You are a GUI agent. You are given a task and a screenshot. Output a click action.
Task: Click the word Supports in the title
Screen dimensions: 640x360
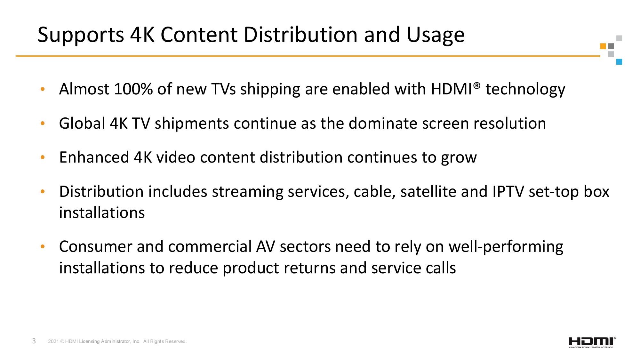pos(81,35)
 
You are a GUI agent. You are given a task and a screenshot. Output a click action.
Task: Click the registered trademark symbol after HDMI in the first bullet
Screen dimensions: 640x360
pos(477,85)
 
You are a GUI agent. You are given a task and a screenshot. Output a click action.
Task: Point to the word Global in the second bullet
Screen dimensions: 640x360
pos(82,123)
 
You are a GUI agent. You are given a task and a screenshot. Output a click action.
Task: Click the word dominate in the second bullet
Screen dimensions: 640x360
pos(383,123)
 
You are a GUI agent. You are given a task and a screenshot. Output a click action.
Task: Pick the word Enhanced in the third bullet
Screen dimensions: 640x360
pos(94,157)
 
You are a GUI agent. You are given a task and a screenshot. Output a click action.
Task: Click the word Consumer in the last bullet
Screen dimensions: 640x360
pos(96,246)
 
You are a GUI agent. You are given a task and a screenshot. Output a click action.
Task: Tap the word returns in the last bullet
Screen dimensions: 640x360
pos(309,268)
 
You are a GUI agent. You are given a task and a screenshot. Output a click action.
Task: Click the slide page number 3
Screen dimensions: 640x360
pos(34,341)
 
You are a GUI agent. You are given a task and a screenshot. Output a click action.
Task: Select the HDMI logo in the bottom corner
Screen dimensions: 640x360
pos(592,342)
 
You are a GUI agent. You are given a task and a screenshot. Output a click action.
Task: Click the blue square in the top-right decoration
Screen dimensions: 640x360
pos(619,62)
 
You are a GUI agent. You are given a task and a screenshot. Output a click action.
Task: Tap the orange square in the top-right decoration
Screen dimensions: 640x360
pos(603,46)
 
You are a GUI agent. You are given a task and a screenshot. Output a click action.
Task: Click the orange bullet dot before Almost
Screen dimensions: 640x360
pos(43,89)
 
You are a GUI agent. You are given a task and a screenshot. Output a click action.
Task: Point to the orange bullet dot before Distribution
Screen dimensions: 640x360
pos(43,192)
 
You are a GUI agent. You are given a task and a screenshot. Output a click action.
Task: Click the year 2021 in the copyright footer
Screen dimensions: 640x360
pos(53,341)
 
